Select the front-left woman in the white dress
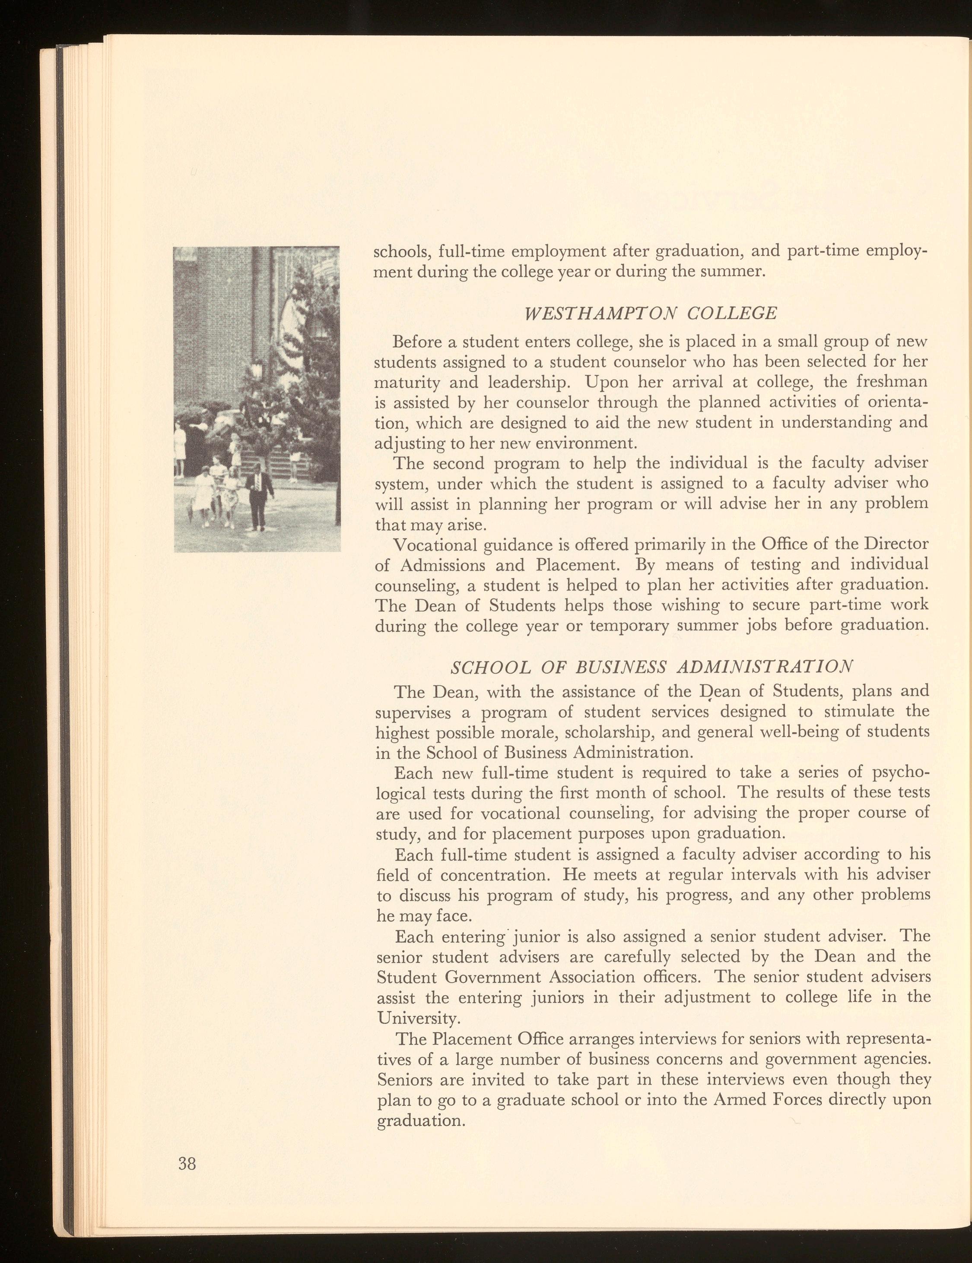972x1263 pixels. (203, 494)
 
